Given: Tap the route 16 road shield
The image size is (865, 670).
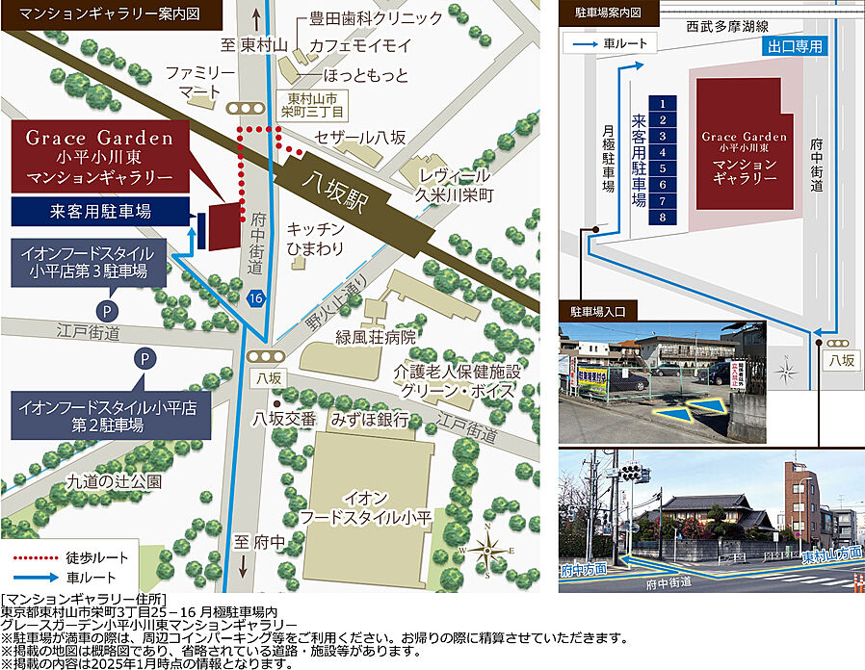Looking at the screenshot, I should (254, 298).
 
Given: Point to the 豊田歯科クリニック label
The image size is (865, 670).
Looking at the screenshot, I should (363, 18).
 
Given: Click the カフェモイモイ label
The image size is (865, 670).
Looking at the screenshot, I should (359, 45).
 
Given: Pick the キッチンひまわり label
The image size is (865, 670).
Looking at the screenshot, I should (316, 239).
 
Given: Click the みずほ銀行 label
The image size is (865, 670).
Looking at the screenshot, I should (370, 419).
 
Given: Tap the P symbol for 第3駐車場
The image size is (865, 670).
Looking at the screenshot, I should (105, 310).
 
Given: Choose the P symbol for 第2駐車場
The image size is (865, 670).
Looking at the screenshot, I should (144, 359).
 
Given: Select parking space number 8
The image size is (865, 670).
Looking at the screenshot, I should (664, 218).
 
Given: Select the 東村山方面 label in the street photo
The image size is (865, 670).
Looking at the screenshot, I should (830, 555).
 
